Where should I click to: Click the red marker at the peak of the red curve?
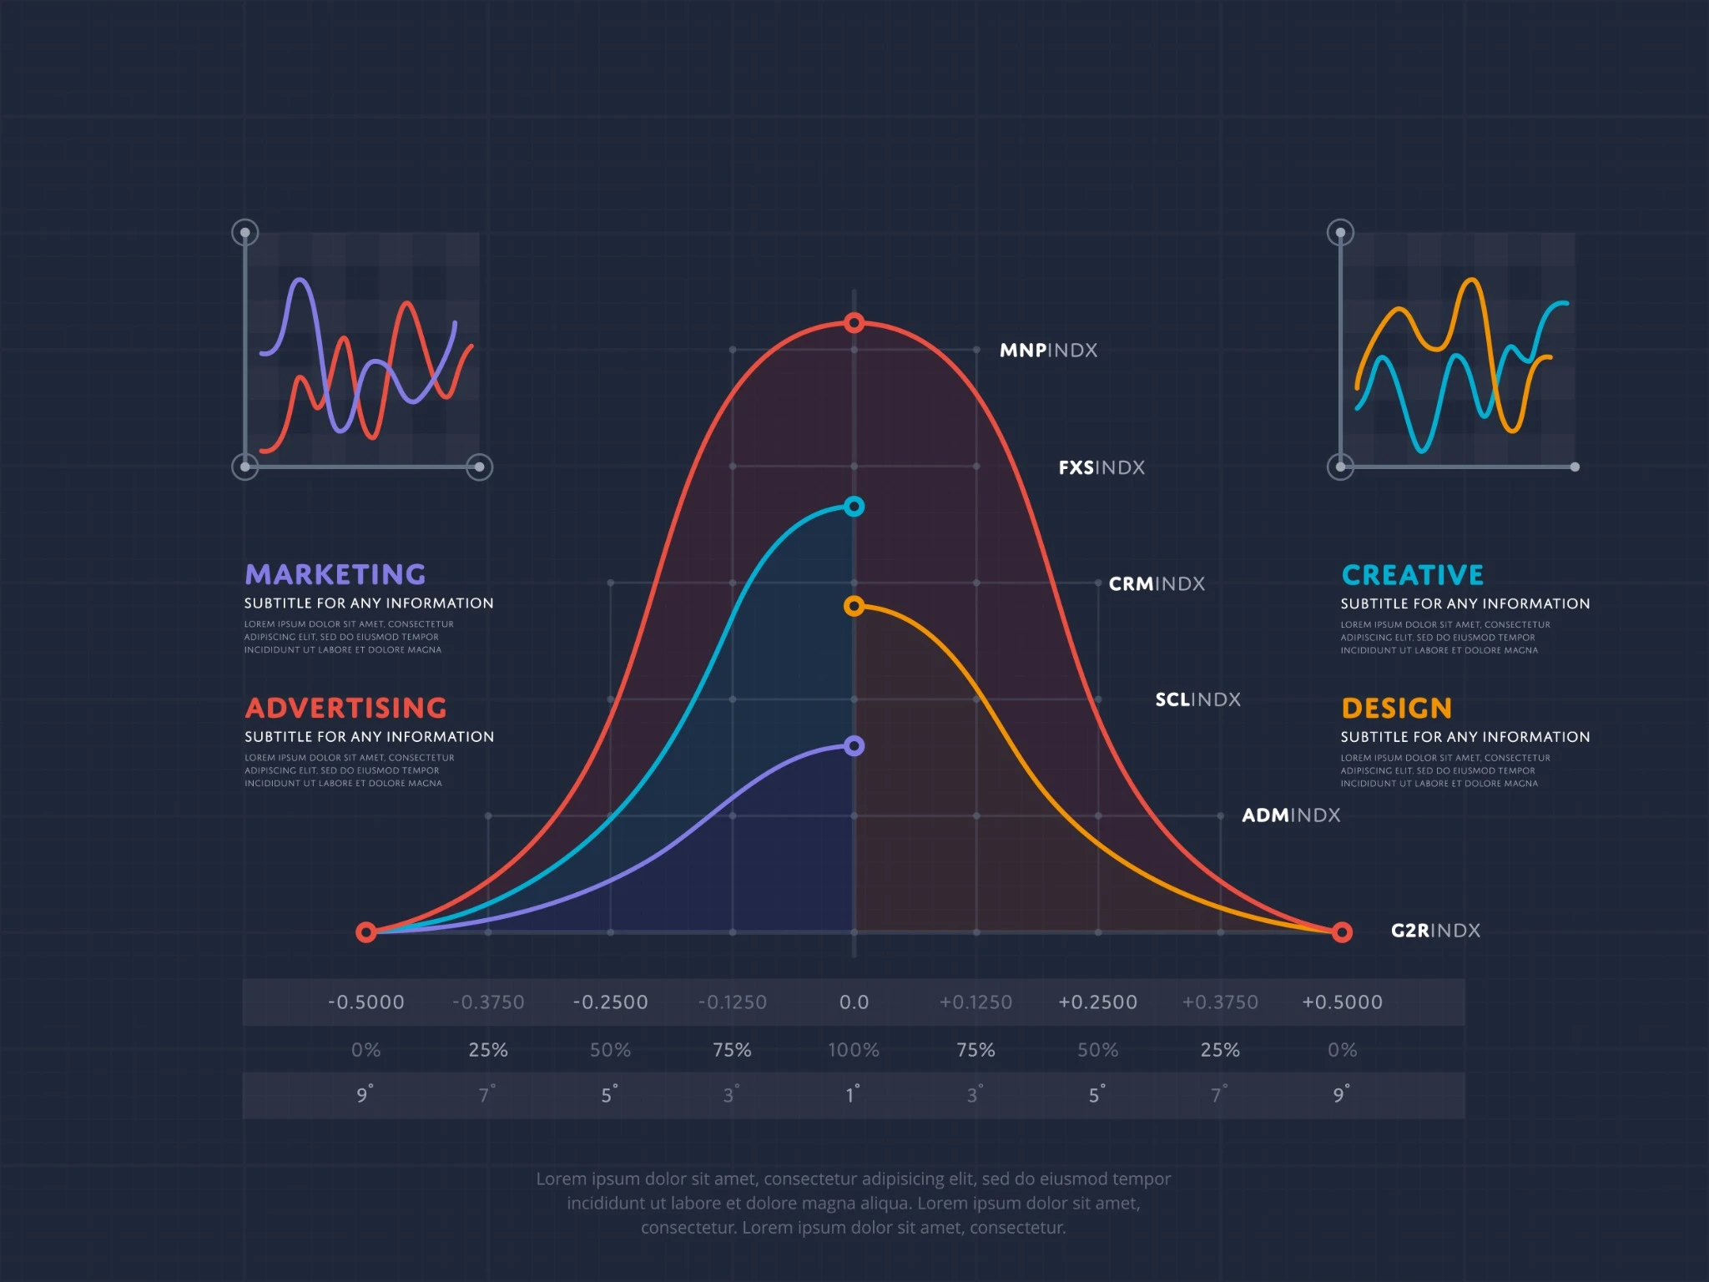click(x=854, y=323)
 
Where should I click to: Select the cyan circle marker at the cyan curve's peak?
click(x=854, y=507)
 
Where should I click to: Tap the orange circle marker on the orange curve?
click(x=854, y=606)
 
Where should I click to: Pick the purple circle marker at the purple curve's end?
click(x=854, y=746)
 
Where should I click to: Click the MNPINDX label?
click(x=1048, y=351)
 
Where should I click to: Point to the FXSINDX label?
click(x=1101, y=467)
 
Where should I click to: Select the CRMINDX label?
click(x=1156, y=584)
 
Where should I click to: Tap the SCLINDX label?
click(x=1197, y=699)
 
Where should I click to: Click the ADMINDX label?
click(x=1290, y=815)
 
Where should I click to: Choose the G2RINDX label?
click(x=1435, y=931)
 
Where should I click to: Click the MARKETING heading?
click(x=335, y=574)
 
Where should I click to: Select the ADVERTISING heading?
click(x=345, y=708)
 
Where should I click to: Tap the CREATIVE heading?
click(x=1412, y=575)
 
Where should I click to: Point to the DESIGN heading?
click(x=1396, y=709)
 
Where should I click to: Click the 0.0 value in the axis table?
click(x=854, y=1002)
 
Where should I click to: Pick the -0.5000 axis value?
click(x=365, y=1002)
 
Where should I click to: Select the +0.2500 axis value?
click(x=1097, y=1002)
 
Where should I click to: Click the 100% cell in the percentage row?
click(x=853, y=1050)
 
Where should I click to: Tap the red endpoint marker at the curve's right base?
click(x=1342, y=932)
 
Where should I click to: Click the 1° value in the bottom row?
click(x=852, y=1095)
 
